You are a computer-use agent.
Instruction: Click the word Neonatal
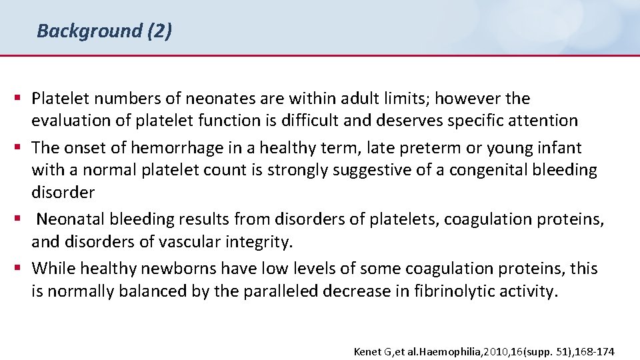point(70,219)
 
